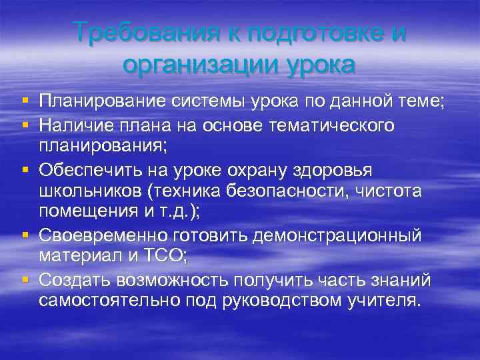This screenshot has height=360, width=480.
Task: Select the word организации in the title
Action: tap(194, 66)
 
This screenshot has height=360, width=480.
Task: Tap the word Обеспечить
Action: tap(86, 171)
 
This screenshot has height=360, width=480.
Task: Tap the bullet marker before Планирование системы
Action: tap(25, 101)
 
